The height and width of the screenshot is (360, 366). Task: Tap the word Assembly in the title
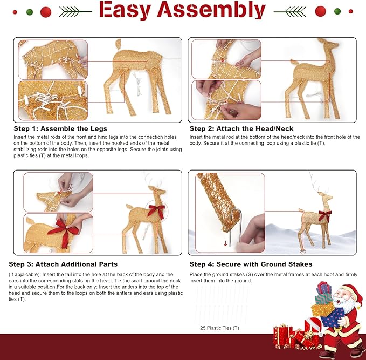[x=210, y=10]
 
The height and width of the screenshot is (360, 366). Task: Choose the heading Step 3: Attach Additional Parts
[x=63, y=264]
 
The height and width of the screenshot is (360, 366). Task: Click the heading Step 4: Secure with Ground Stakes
[x=251, y=264]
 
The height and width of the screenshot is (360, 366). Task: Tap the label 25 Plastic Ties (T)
[x=219, y=328]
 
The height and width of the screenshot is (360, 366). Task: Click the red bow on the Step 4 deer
[x=324, y=216]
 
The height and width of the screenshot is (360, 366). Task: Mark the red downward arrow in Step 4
[x=225, y=243]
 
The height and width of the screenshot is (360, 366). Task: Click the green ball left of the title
[x=30, y=11]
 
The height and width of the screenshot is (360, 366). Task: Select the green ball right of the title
[x=337, y=11]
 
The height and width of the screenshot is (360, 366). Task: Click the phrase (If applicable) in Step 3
[x=22, y=274]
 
